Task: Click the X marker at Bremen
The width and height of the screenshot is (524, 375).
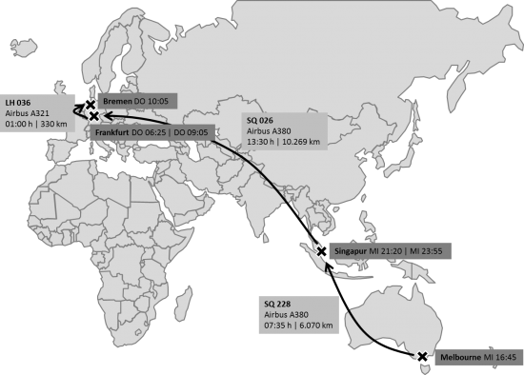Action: [x=90, y=104]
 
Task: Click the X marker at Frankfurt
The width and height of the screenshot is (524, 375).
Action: [x=94, y=116]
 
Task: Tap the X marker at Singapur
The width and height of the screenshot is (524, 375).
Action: [x=323, y=251]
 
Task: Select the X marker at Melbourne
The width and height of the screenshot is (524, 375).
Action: [x=422, y=358]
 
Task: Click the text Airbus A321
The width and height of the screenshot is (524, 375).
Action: [x=27, y=111]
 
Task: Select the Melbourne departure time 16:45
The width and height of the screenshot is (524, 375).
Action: [x=507, y=358]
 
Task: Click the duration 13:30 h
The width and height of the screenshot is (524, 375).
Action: [x=260, y=142]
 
